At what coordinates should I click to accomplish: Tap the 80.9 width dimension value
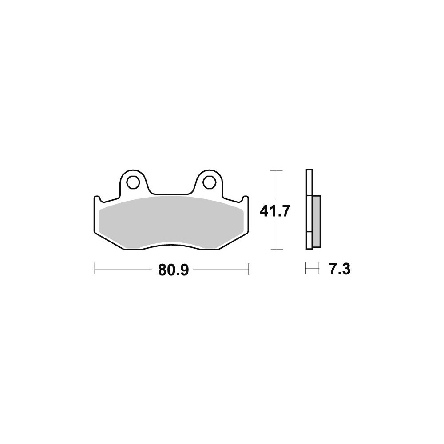pos(173,270)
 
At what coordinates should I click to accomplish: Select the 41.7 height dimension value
pos(275,211)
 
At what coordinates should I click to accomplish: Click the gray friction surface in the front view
pos(171,223)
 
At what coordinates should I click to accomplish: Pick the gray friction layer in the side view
pos(316,222)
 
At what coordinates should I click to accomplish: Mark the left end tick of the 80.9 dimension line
pos(94,269)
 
